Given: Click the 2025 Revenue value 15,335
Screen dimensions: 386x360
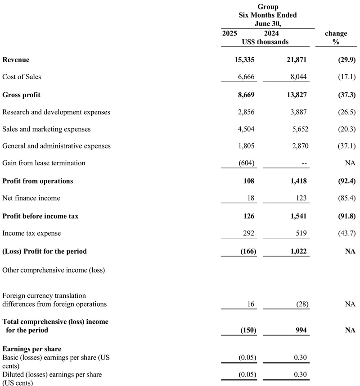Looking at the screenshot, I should [x=243, y=60].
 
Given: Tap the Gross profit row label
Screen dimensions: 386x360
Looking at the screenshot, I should [x=21, y=95].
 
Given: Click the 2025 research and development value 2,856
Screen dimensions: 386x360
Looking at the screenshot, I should [x=245, y=112].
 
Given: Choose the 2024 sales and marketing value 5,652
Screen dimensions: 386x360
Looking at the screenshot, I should [x=297, y=129].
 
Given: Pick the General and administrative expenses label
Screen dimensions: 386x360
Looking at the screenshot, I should [x=56, y=146].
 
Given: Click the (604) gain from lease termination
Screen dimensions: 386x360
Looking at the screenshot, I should [x=247, y=163].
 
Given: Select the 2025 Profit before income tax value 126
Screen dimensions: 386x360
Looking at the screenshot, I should [x=248, y=217].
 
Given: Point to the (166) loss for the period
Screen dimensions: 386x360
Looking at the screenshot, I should [x=247, y=251].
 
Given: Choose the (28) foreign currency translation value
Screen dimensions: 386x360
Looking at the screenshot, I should [x=302, y=304].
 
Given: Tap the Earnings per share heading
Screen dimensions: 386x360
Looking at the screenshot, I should [x=31, y=349].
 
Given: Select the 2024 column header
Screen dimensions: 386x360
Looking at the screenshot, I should [x=271, y=34].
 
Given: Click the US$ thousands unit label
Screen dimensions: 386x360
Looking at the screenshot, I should [x=265, y=42].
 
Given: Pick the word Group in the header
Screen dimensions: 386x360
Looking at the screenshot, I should [x=268, y=7].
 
